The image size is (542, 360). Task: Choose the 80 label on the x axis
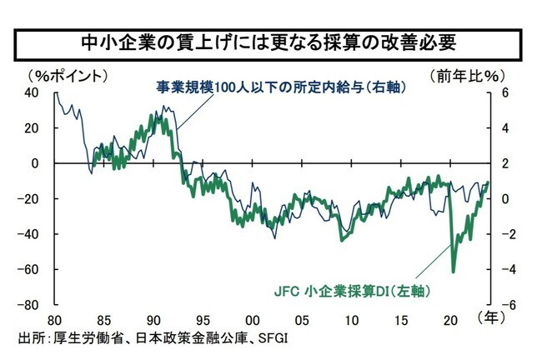[x=55, y=320]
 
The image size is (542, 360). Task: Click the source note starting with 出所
[x=151, y=337]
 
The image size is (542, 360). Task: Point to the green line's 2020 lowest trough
[x=454, y=271]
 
